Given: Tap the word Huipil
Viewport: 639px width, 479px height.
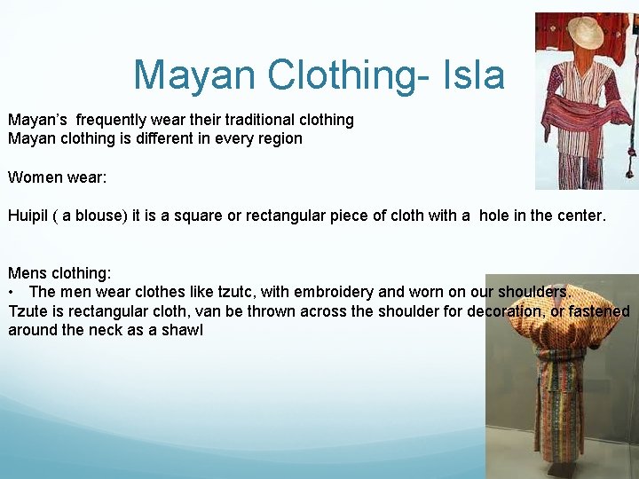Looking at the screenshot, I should pyautogui.click(x=28, y=216).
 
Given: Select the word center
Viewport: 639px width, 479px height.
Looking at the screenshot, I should pyautogui.click(x=579, y=216).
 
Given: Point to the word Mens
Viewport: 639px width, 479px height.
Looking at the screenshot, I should pyautogui.click(x=28, y=273).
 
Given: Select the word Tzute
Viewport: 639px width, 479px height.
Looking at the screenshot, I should pyautogui.click(x=28, y=311).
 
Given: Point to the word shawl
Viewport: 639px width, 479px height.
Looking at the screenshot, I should pyautogui.click(x=184, y=330).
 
